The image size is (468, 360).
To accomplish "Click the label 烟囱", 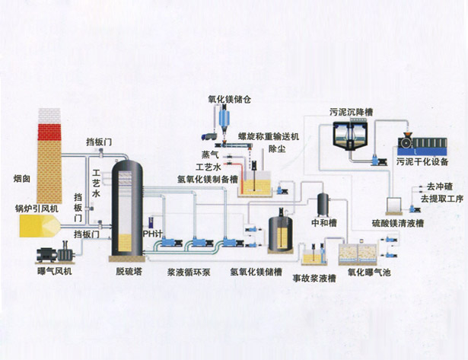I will point(21,180).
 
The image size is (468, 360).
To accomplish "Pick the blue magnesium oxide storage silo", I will point(224,119).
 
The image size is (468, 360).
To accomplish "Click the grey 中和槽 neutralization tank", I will point(322,204).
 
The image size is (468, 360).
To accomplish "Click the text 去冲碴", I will point(439,186).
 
